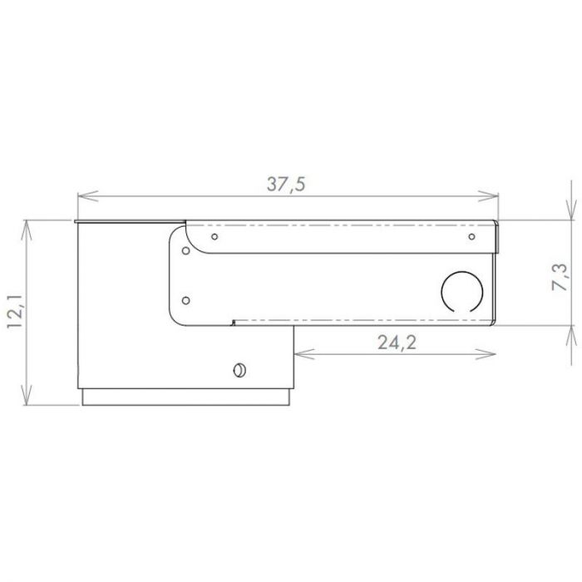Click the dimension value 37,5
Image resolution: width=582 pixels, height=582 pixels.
(x=287, y=185)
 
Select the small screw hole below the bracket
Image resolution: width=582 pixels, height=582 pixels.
(x=239, y=369)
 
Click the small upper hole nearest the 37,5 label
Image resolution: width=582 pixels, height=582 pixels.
(x=215, y=237)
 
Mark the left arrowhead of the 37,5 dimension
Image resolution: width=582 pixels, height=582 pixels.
(x=83, y=197)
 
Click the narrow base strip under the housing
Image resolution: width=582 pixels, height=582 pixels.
(x=187, y=397)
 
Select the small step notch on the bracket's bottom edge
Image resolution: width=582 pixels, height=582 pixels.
(x=234, y=321)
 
